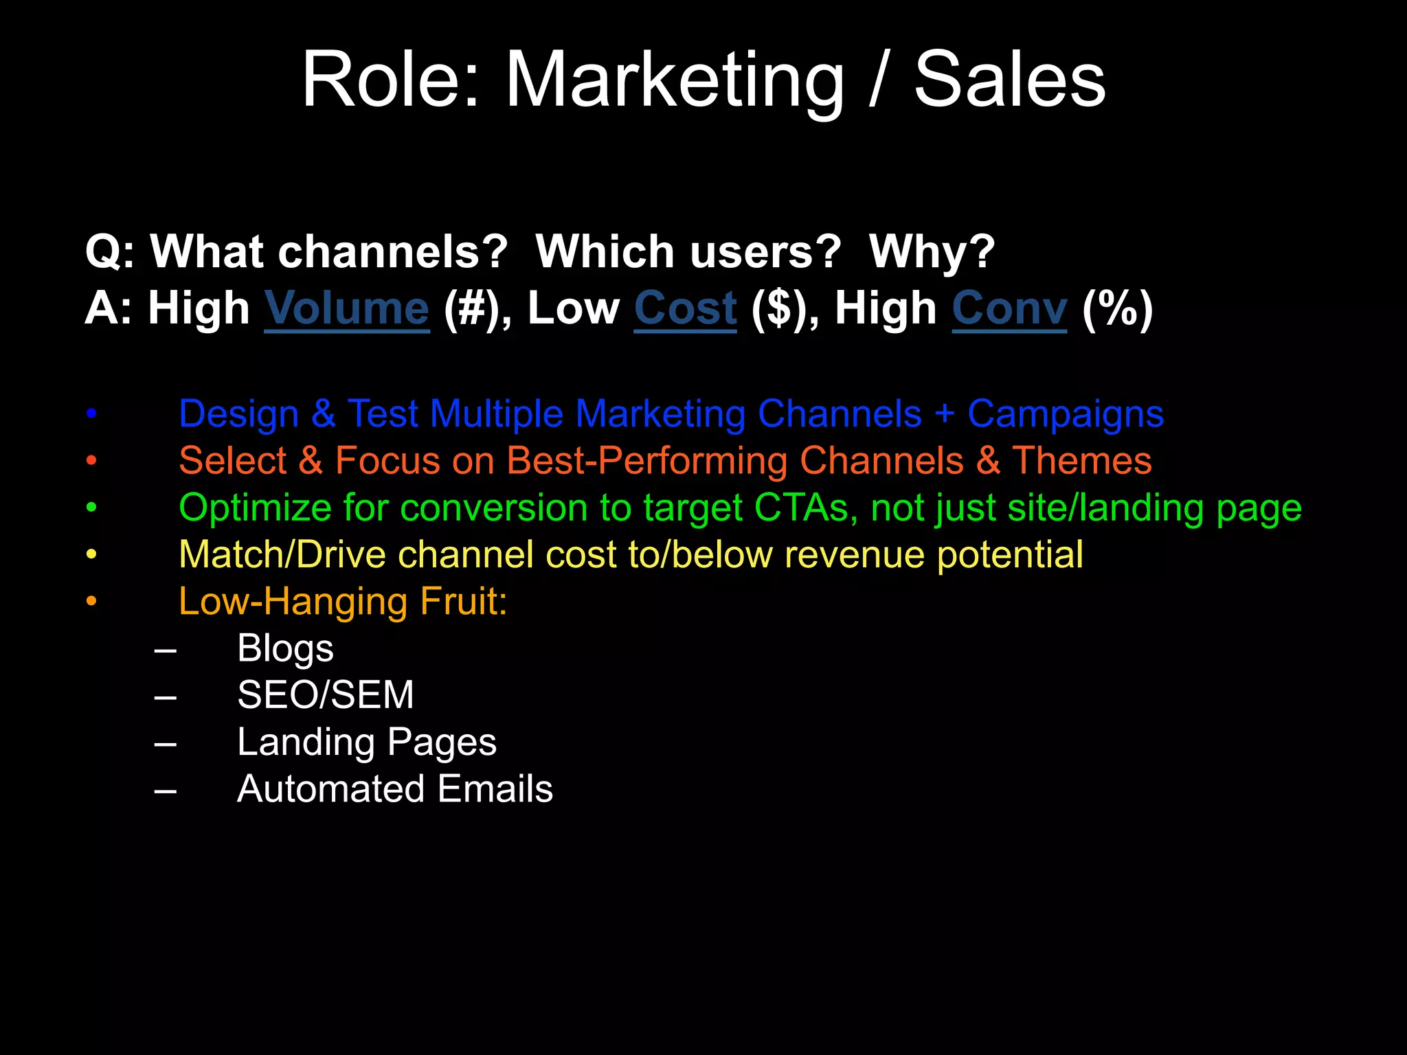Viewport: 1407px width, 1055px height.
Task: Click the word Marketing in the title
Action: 674,81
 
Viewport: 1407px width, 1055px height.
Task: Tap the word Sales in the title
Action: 1009,81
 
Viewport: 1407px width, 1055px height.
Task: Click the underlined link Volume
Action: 347,308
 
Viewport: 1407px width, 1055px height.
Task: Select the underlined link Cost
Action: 685,308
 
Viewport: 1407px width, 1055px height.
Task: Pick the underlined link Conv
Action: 1009,308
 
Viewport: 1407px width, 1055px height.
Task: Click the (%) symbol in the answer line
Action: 1117,308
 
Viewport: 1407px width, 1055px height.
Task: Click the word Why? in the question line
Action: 932,251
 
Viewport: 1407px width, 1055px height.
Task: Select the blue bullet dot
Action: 91,414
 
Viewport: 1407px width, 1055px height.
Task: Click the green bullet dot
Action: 91,508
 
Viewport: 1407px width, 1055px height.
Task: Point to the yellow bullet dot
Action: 91,555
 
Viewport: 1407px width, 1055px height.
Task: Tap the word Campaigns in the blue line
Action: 1065,414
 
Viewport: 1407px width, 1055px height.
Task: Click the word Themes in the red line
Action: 1081,461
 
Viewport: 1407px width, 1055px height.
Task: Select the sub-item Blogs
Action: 285,648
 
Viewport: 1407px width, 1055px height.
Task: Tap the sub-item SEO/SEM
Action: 326,695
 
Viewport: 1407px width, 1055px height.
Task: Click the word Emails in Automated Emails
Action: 495,789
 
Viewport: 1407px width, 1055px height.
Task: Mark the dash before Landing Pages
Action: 166,743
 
